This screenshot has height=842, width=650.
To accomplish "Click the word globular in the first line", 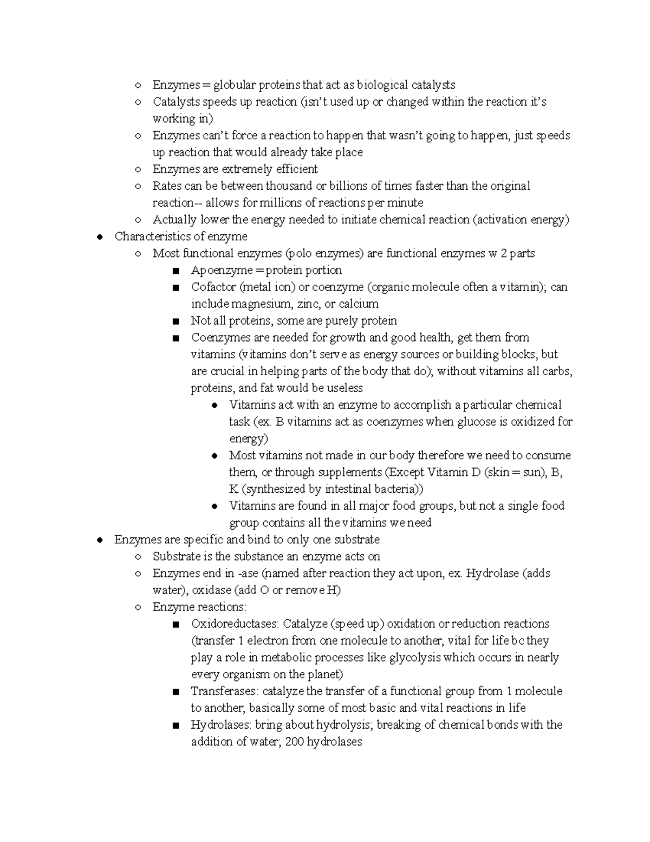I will click(x=233, y=85).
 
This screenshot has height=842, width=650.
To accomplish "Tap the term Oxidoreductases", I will click(x=234, y=624).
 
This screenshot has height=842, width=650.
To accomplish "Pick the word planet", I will click(x=324, y=674).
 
